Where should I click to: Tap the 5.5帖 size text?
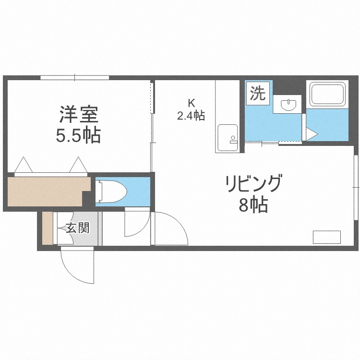pos(79,136)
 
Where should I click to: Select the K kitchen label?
pos(191,102)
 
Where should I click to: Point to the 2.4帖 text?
pos(191,116)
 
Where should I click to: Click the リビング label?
pos(253,184)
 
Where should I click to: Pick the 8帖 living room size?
pos(253,205)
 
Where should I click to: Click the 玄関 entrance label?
pos(77,228)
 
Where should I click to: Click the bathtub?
pos(327,95)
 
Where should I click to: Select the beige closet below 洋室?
pos(47,191)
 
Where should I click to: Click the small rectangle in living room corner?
pos(326,237)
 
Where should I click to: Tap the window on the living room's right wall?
pos(356,179)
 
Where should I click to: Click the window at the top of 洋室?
pos(74,77)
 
